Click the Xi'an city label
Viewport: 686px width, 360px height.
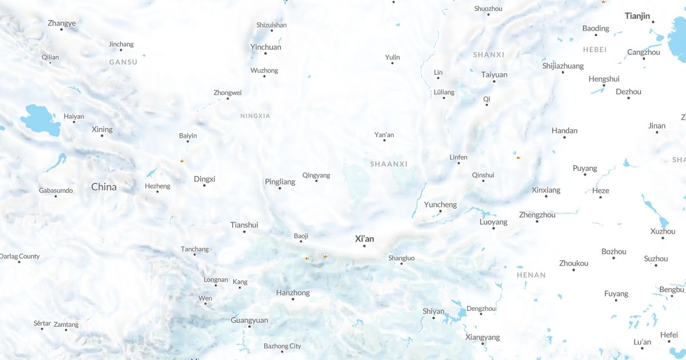pos(364,238)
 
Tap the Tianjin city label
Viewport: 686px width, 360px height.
pos(637,16)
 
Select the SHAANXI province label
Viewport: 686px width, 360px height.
pos(389,164)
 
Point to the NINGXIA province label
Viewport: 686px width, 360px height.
pos(255,116)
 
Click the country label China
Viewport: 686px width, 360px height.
pos(103,187)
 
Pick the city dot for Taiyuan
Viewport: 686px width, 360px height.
pos(494,82)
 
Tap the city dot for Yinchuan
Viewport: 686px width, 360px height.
pos(265,54)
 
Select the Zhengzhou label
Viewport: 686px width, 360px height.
pos(537,215)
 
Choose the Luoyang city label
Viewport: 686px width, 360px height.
pos(493,222)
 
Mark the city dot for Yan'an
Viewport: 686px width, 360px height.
pos(384,140)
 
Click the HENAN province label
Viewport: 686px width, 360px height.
pos(531,275)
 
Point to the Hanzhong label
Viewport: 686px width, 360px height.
pos(293,293)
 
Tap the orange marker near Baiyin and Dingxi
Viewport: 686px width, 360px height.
pos(182,161)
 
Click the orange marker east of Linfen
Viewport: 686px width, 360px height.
pos(518,158)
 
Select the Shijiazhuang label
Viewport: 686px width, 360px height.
pos(563,66)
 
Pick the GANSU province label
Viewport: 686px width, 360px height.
pos(123,62)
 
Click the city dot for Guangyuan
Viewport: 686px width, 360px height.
pos(249,327)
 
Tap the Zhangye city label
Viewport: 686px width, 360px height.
pos(62,23)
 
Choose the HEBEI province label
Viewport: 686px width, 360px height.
pos(595,50)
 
